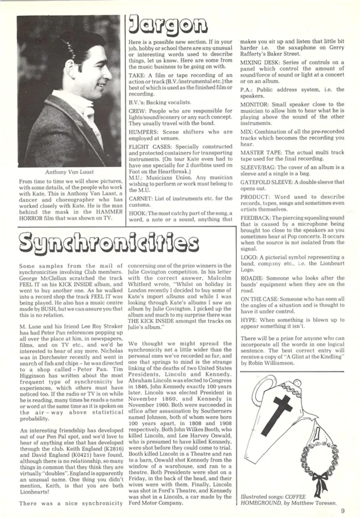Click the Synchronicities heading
(102, 244)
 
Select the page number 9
(342, 510)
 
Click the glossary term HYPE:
(249, 319)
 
